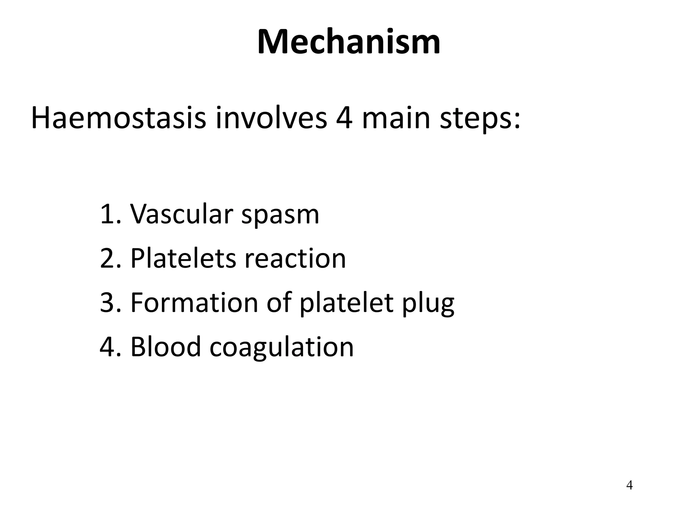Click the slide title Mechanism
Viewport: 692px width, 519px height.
point(348,42)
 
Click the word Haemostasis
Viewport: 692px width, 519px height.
point(118,118)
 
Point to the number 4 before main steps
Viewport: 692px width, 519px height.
point(344,118)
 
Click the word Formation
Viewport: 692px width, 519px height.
point(194,302)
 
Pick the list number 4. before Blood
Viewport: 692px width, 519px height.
point(109,347)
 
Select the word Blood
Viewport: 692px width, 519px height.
point(166,347)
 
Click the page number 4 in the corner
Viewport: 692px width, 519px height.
point(629,485)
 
